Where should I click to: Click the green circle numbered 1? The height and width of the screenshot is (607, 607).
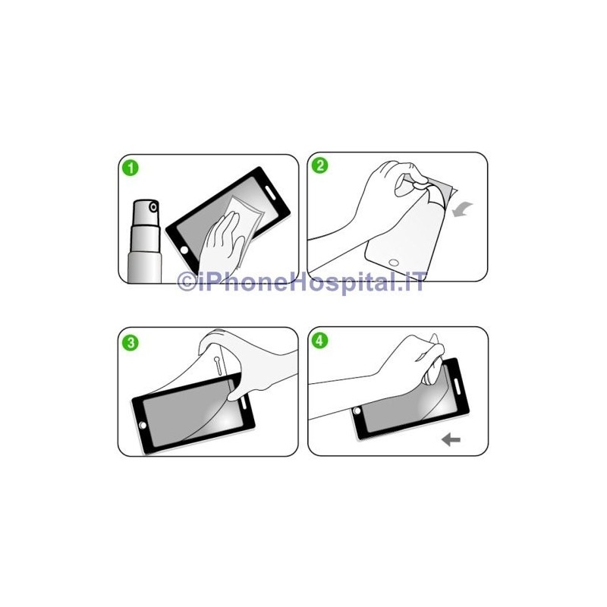click(131, 168)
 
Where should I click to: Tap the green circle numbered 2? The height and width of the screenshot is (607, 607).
click(319, 165)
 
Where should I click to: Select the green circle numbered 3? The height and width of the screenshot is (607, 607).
click(131, 343)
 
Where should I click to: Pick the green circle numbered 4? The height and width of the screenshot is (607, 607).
click(319, 341)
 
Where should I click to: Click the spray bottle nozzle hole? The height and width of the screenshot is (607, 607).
click(154, 207)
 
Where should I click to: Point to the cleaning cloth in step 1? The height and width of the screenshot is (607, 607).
click(244, 225)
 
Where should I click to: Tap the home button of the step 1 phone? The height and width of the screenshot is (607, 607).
click(184, 250)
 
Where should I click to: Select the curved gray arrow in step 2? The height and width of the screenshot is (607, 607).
click(462, 209)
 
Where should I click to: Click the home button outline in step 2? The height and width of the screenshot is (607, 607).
click(394, 263)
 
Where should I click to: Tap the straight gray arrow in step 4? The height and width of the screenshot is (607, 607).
click(451, 439)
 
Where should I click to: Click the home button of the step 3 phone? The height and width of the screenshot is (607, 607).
click(143, 425)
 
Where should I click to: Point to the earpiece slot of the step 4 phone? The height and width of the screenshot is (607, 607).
click(457, 385)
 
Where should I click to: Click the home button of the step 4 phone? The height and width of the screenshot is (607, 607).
click(357, 410)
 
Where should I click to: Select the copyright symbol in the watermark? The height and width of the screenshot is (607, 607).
click(187, 281)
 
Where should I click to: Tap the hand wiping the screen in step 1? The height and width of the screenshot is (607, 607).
click(221, 244)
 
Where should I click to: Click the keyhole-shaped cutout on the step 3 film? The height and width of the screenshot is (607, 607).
click(218, 366)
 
